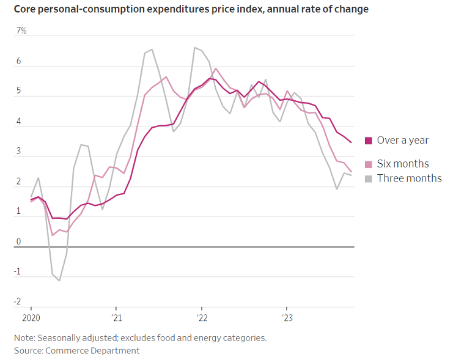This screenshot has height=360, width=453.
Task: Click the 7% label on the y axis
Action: click(21, 31)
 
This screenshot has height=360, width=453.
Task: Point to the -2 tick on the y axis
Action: click(18, 301)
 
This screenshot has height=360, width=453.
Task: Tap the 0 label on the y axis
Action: click(18, 241)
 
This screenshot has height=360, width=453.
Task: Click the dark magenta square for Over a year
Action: click(369, 141)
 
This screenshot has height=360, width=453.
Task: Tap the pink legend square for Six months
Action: click(369, 164)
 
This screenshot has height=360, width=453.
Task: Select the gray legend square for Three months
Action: click(369, 178)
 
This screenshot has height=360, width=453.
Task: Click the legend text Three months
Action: click(409, 178)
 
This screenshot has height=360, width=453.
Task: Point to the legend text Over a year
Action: click(402, 141)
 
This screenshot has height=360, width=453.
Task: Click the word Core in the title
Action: click(25, 9)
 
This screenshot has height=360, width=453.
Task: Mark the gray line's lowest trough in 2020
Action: click(59, 281)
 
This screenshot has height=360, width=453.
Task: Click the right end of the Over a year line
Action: click(351, 142)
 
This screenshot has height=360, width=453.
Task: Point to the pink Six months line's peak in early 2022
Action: click(216, 68)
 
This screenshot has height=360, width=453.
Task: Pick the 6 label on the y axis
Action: click(18, 62)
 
